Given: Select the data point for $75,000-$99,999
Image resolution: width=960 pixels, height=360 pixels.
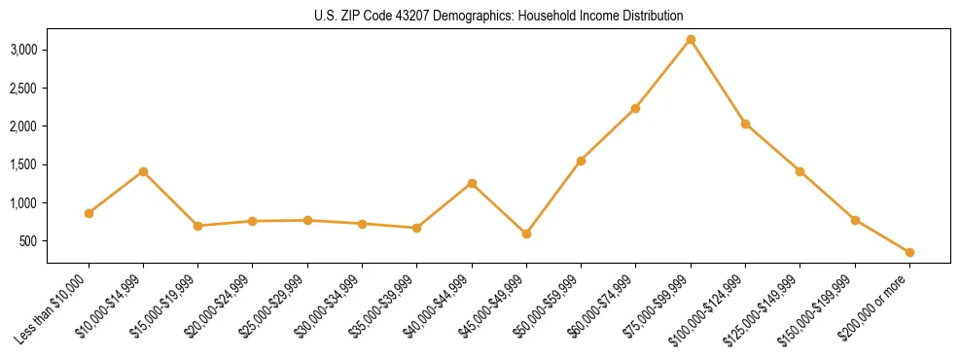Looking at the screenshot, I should point(691,40).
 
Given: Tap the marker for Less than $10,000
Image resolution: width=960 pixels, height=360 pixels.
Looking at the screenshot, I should point(89,213).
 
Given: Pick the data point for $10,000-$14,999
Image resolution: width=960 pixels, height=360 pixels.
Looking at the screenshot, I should point(143,171).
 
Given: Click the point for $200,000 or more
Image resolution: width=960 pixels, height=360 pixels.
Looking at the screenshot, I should point(909,252).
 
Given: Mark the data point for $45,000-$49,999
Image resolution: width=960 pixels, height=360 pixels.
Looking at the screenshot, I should point(526,234).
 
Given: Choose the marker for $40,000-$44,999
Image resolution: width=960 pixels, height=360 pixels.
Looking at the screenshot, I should point(472,183).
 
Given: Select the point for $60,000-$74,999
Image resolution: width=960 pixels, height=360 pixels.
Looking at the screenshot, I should point(635,108).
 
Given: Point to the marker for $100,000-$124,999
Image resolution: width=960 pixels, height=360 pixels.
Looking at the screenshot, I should point(745,124).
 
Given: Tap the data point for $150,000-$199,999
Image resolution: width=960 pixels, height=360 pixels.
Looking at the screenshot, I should point(855,220).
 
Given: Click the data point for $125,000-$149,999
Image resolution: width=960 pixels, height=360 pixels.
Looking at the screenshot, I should point(800,171).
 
